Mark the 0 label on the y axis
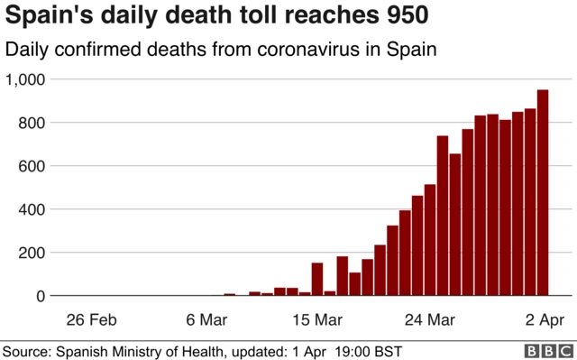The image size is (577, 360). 39,296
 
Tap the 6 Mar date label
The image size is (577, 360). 206,319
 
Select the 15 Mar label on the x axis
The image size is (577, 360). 316,319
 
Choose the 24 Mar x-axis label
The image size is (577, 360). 428,319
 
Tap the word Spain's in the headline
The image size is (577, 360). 47,16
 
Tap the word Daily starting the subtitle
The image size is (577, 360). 28,50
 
